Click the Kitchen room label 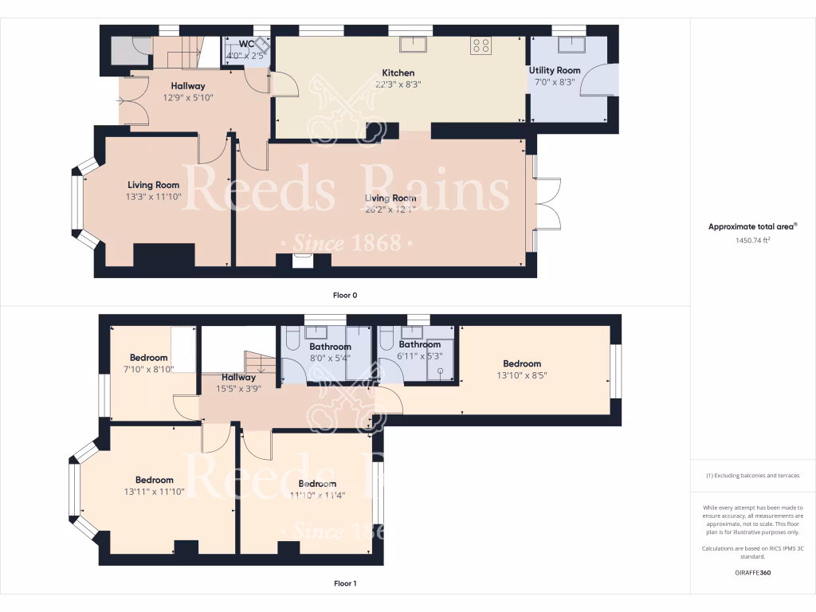click(398, 73)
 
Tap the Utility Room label click(555, 70)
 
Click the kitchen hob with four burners click(481, 45)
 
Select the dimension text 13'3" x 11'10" click(153, 197)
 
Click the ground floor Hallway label click(188, 86)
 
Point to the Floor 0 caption click(345, 295)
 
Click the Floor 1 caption click(345, 583)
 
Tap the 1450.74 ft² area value click(752, 240)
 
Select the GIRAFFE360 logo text click(752, 572)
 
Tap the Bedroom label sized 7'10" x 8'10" click(149, 358)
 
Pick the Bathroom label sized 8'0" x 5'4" click(330, 347)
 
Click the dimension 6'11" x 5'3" click(419, 356)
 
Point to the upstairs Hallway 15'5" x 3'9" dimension click(237, 389)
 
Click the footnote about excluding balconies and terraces click(752, 476)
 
